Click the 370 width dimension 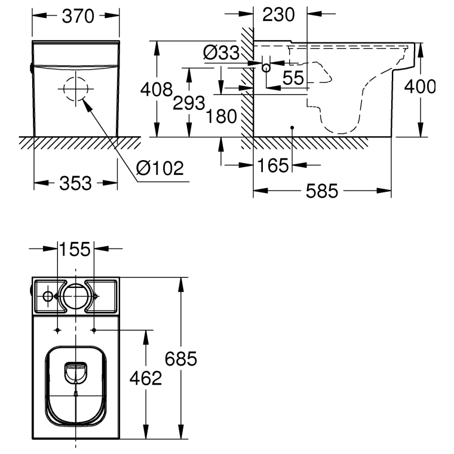(78, 16)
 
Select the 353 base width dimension (76, 183)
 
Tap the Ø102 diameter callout (160, 168)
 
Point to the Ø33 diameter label (221, 53)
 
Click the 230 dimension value (278, 15)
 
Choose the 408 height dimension (157, 89)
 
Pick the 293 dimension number (189, 103)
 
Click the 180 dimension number (221, 116)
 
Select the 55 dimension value (293, 78)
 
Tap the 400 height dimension (419, 86)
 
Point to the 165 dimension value (273, 165)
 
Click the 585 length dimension (322, 191)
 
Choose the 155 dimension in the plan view (75, 249)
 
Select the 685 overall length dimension (181, 359)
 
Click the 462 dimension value (146, 378)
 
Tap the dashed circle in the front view (76, 77)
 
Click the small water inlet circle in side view (266, 68)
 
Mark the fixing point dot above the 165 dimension (292, 128)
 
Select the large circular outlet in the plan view (76, 296)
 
